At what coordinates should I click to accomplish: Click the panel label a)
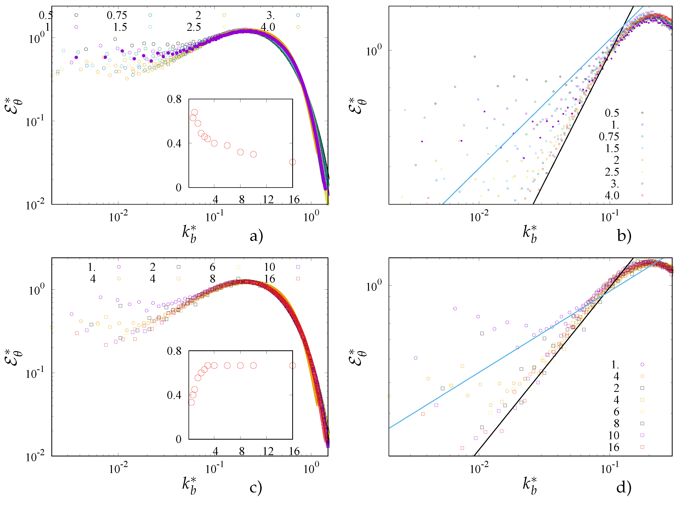[256, 236]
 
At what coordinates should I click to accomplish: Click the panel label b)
[624, 236]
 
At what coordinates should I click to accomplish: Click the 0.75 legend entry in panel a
[117, 15]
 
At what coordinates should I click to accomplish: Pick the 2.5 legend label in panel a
[194, 27]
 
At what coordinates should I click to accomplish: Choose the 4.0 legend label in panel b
[612, 195]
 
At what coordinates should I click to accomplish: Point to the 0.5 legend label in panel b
[612, 113]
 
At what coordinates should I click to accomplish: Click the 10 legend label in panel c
[269, 267]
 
